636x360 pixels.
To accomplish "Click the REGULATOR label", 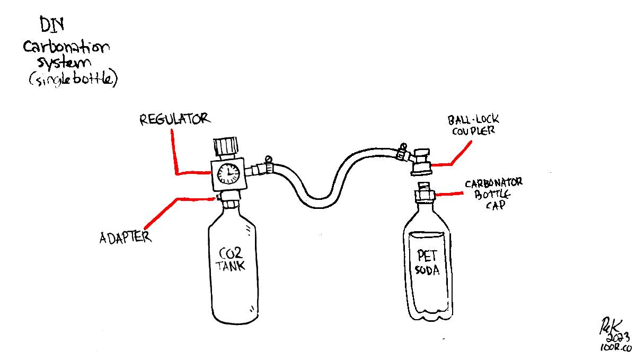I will (x=174, y=119).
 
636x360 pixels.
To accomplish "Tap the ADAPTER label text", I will (x=125, y=236).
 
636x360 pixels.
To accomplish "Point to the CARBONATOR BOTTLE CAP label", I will (x=493, y=194).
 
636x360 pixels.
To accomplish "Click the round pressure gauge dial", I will (x=228, y=172).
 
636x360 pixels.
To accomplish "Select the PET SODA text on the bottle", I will (x=427, y=262).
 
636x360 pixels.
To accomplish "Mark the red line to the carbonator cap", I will (x=450, y=195).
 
